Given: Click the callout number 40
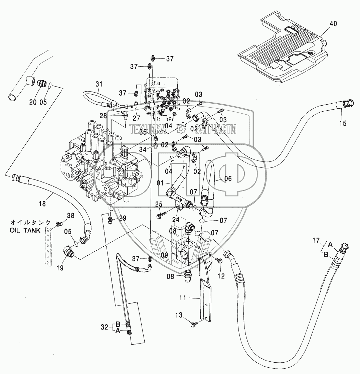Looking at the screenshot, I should coord(333,24).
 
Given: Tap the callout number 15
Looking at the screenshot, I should coord(342,123).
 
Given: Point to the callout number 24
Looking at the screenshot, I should coord(176,220).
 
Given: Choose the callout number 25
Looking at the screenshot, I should coord(158,204).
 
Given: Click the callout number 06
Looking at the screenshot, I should coord(228,179).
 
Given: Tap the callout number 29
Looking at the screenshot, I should coord(123,218).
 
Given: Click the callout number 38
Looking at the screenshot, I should coord(71,216).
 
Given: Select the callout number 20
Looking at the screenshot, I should coord(33,102).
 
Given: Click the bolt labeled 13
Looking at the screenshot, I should coord(194,323).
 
